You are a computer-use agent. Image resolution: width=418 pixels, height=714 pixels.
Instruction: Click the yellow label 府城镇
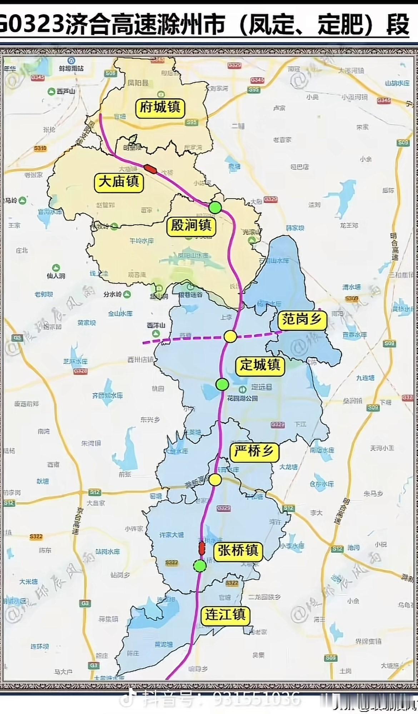click(x=160, y=108)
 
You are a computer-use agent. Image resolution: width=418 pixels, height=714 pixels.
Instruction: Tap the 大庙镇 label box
click(x=119, y=182)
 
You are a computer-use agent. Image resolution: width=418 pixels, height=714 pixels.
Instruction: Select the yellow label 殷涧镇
click(x=191, y=225)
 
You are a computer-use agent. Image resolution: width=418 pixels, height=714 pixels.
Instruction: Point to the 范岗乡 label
click(x=302, y=319)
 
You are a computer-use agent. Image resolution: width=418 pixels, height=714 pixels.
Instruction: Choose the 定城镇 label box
click(x=260, y=365)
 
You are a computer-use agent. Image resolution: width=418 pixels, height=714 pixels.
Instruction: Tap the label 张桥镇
click(x=238, y=550)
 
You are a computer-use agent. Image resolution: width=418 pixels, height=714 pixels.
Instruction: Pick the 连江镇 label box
click(x=225, y=615)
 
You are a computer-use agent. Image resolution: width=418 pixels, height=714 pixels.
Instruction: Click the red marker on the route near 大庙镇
click(x=150, y=169)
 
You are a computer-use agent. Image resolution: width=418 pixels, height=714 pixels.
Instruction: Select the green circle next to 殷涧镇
click(x=215, y=208)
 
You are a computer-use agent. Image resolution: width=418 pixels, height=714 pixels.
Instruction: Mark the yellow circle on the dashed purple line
click(x=230, y=336)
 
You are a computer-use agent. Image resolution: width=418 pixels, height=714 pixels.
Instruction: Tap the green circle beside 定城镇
click(x=222, y=384)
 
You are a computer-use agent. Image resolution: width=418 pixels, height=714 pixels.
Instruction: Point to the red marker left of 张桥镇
click(x=201, y=547)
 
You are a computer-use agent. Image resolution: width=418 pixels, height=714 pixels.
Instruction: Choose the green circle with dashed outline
click(x=200, y=566)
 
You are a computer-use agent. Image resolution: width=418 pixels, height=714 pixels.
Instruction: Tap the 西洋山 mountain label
click(x=156, y=325)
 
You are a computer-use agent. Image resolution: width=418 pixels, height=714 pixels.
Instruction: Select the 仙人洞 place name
click(x=56, y=276)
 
